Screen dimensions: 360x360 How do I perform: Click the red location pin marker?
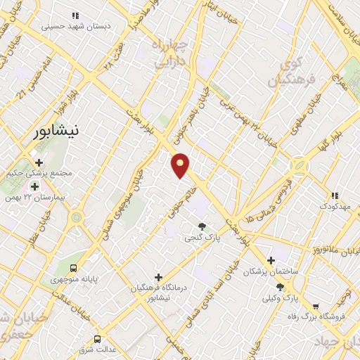pyautogui.click(x=181, y=166)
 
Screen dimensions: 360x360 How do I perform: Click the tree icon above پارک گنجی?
pyautogui.click(x=202, y=226)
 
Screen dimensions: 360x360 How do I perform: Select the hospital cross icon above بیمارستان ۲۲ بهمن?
pyautogui.click(x=34, y=186)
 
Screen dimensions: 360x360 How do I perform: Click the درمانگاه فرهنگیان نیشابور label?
pyautogui.click(x=159, y=293)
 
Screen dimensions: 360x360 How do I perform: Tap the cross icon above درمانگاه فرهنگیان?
pyautogui.click(x=159, y=277)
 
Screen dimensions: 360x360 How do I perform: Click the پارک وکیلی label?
pyautogui.click(x=281, y=298)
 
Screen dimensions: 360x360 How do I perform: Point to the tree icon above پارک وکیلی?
pyautogui.click(x=281, y=287)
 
